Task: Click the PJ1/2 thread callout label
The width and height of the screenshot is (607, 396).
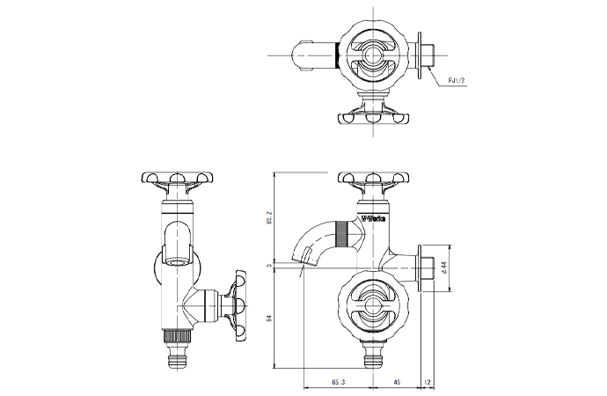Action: (457, 81)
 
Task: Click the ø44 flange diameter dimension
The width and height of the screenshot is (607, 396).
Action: (444, 268)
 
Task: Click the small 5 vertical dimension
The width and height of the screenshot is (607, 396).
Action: (269, 263)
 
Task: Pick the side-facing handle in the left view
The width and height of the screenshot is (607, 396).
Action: (238, 304)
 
